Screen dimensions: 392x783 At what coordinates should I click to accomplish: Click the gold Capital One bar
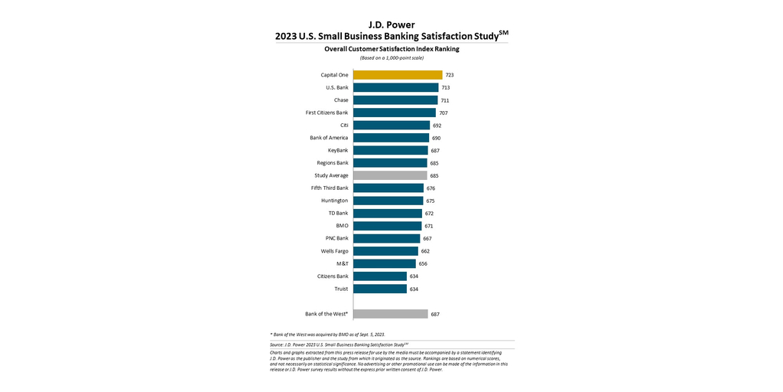coord(398,75)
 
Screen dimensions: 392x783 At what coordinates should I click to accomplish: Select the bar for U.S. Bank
coord(395,87)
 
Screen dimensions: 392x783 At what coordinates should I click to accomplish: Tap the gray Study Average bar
coord(390,175)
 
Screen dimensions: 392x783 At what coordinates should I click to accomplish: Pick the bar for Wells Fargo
coord(385,250)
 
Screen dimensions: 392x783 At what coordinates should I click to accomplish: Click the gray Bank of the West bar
coord(390,314)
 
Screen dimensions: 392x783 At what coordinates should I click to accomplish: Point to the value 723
coord(450,75)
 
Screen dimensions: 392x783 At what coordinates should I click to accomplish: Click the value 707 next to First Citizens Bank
coord(443,113)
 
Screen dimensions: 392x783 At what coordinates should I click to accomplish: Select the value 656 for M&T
coord(423,263)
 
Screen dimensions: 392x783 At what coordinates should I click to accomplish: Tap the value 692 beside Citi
coord(437,126)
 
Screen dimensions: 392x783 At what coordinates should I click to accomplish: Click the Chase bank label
coord(341,100)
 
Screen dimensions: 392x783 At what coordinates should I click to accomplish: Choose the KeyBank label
coord(337,150)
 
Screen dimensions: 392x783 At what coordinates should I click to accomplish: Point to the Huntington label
coord(335,201)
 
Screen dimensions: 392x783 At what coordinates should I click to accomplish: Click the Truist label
coord(341,289)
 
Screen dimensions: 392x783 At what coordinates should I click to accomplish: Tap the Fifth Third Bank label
coord(330,188)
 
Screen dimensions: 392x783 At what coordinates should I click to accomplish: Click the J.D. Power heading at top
coord(391,24)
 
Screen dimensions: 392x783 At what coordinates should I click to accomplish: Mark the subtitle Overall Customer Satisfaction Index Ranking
coord(391,49)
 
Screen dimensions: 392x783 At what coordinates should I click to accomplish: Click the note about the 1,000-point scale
coord(391,58)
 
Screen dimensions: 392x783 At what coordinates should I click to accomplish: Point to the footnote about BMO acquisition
coord(327,335)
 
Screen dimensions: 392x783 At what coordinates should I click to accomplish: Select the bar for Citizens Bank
coord(380,276)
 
